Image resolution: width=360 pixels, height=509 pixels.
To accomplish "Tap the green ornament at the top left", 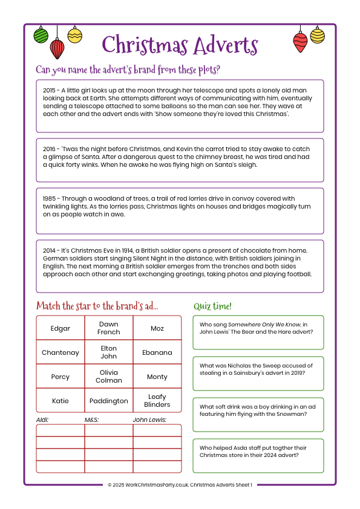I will [41, 35].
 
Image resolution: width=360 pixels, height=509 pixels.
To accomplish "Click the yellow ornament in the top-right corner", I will [318, 35].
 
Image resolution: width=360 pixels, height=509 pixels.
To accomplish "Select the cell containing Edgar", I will [61, 328].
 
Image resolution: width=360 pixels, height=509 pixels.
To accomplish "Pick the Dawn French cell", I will [109, 328].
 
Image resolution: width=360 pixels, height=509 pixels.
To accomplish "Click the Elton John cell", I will [109, 352].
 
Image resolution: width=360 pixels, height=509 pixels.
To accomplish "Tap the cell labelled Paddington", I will [109, 401].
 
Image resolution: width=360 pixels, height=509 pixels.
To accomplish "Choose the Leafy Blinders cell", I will [157, 401].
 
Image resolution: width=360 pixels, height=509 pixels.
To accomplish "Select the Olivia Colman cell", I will [109, 377].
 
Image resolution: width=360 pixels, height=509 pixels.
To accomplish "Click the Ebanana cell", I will [157, 352].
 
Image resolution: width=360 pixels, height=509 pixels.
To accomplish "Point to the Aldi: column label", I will [42, 419].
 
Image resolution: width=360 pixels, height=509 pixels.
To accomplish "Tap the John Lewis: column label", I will [149, 419].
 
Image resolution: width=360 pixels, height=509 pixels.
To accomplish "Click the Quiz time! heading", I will [212, 306].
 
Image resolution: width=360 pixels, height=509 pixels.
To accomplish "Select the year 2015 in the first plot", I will [50, 90].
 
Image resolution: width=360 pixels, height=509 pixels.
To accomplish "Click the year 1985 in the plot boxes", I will [50, 198].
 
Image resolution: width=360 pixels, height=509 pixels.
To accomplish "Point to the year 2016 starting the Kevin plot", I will [50, 149].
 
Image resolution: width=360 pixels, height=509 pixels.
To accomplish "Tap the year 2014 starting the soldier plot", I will [50, 250].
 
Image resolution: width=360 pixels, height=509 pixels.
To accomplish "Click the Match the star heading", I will [97, 306].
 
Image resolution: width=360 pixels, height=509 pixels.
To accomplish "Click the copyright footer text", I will [180, 484].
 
